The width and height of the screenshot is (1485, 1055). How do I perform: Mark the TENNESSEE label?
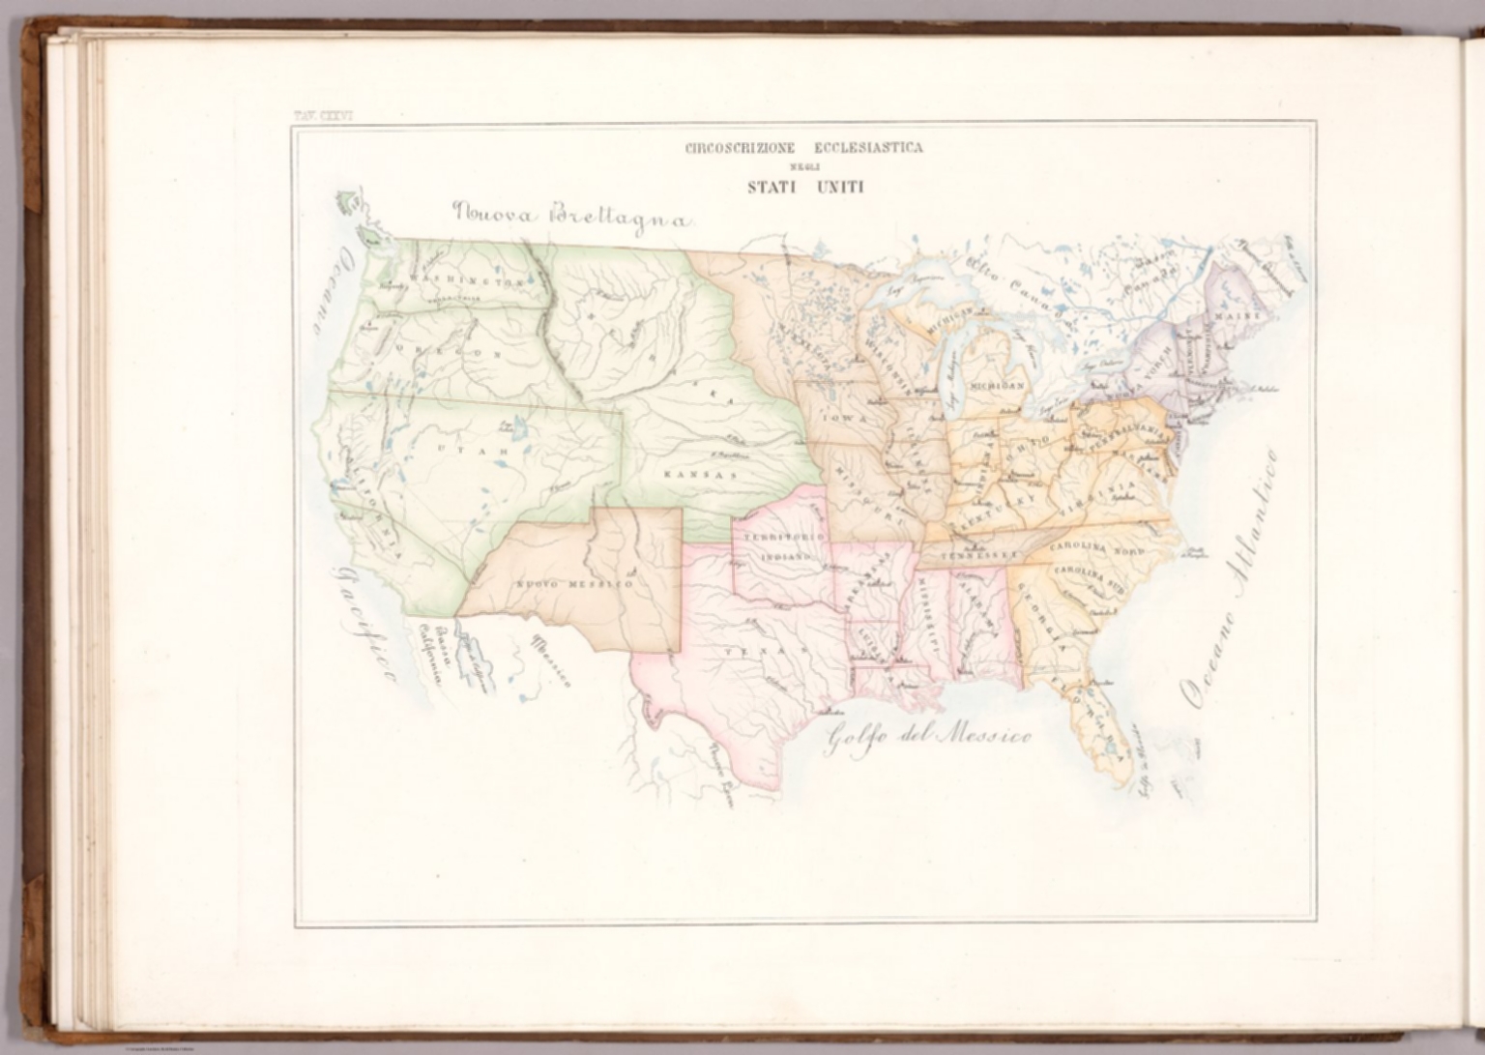[979, 555]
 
